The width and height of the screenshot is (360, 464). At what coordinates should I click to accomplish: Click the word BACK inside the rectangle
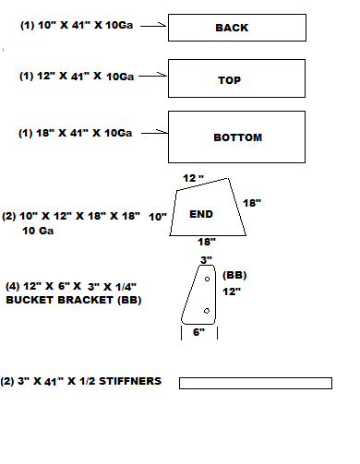coord(231,28)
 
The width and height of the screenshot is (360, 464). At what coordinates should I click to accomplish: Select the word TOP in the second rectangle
coord(229,80)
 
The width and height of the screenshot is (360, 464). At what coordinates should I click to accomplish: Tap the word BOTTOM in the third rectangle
coord(237,137)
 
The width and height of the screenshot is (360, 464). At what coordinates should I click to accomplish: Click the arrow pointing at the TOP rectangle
coord(154,76)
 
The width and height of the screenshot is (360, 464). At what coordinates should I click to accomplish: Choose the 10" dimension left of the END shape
coord(157,216)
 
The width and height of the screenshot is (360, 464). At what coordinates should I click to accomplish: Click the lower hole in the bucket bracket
coord(205,313)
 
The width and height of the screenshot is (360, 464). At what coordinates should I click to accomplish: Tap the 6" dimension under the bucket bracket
coord(198,332)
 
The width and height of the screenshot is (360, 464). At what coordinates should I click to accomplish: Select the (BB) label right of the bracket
coord(234,274)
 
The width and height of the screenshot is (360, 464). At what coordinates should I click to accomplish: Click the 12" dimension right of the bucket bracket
coord(231,291)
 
